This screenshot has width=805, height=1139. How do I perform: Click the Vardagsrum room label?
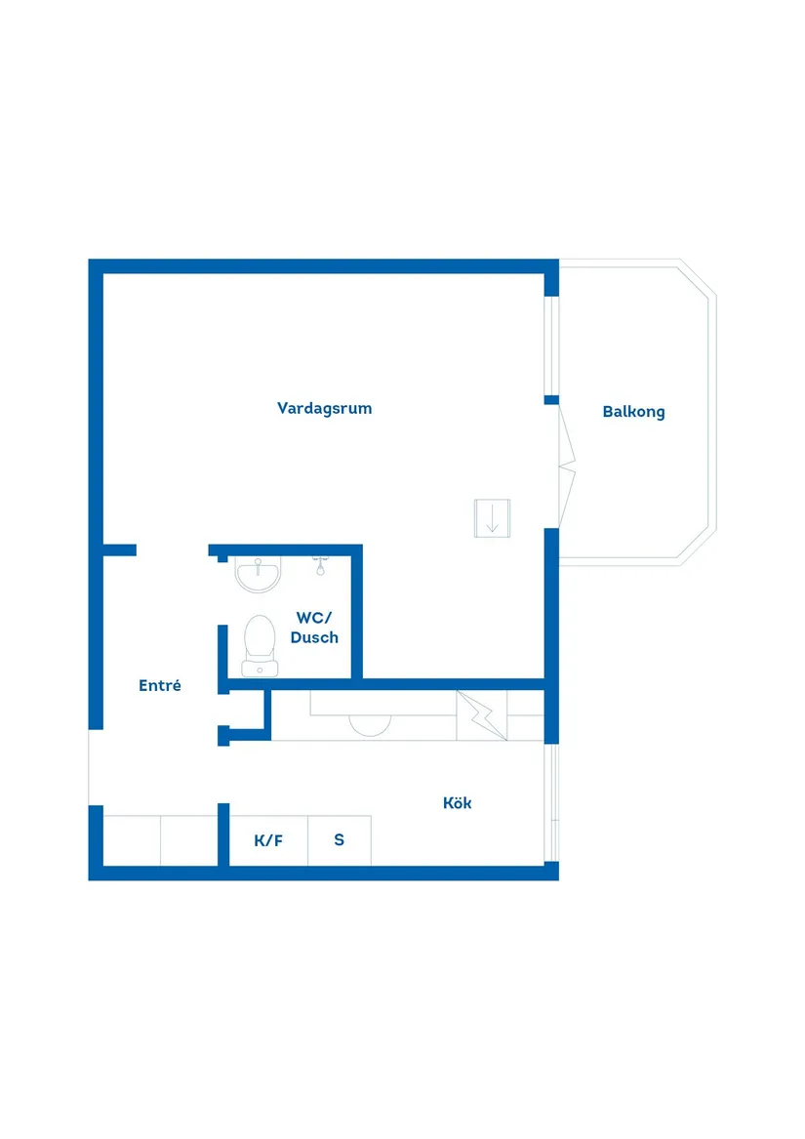[x=324, y=408]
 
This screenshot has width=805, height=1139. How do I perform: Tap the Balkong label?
[x=633, y=412]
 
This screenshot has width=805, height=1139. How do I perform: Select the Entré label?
[x=160, y=685]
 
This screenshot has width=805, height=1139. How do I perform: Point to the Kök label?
[x=457, y=802]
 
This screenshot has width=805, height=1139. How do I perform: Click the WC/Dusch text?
[x=314, y=628]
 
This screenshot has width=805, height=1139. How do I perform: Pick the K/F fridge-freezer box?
[x=268, y=840]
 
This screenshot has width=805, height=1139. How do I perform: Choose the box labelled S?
[x=340, y=840]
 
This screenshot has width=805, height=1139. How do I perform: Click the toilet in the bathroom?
[x=260, y=646]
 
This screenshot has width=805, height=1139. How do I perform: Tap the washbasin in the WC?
[x=258, y=575]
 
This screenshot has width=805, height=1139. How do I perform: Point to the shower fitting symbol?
[x=320, y=566]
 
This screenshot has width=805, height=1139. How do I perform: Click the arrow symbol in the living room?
[x=492, y=518]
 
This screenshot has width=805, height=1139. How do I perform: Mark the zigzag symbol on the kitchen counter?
[x=482, y=715]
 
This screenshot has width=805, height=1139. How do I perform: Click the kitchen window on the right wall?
[x=551, y=802]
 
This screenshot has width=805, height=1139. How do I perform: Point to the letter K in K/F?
[x=261, y=840]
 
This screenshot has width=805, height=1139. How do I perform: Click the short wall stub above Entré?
[x=120, y=549]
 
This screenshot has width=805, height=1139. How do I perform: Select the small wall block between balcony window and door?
[x=551, y=400]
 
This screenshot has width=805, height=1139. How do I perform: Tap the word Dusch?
[x=314, y=637]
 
